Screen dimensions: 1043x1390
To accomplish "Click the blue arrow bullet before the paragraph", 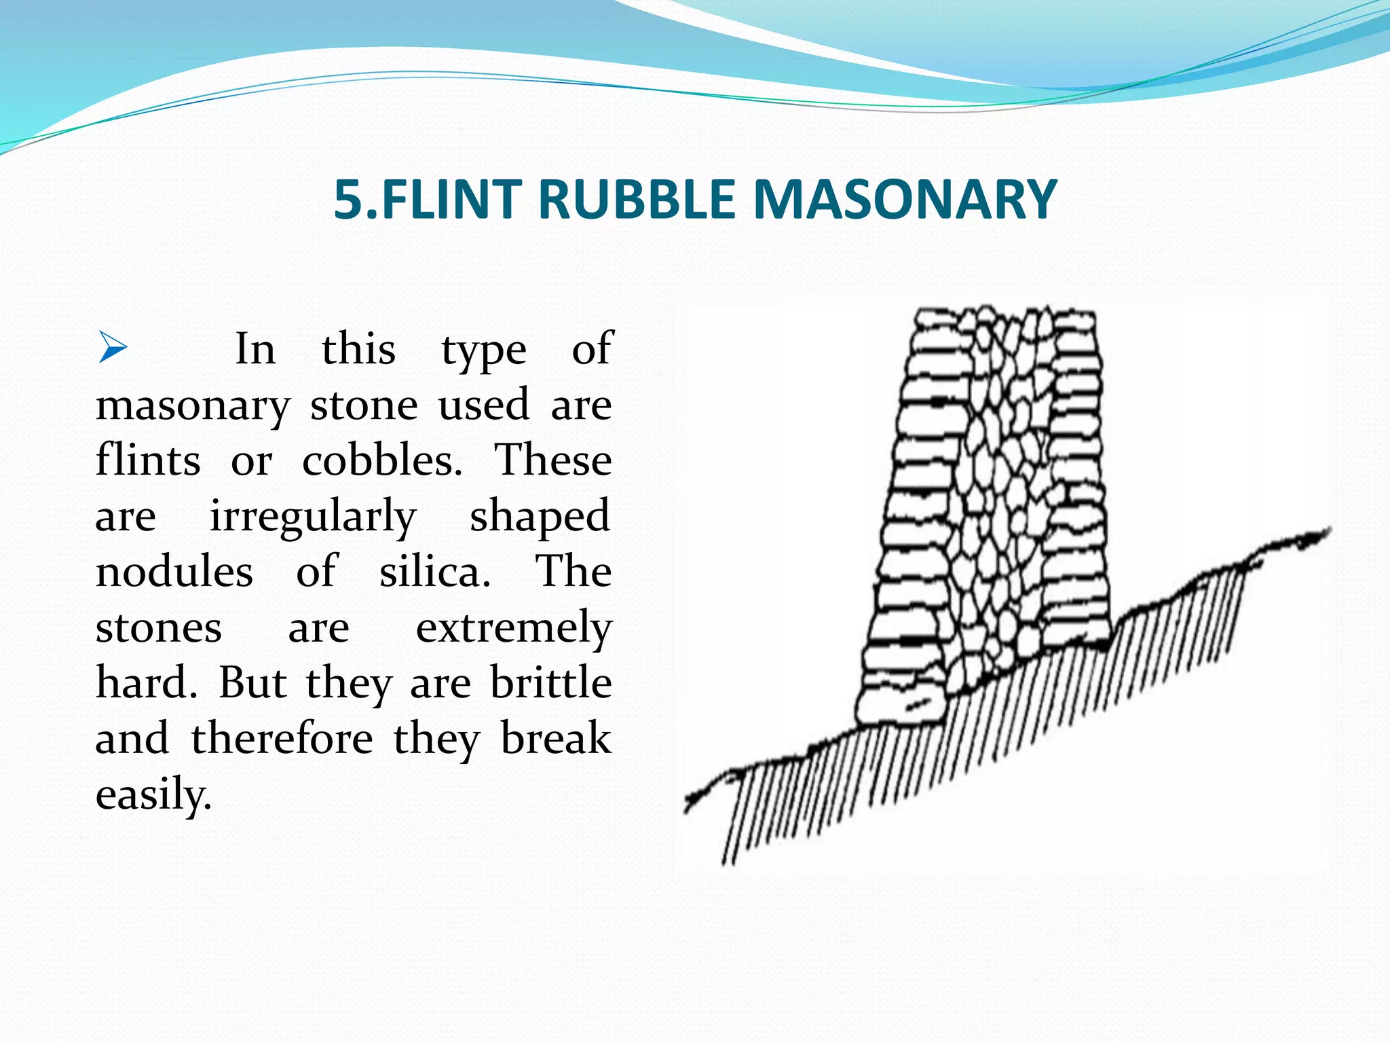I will [112, 347].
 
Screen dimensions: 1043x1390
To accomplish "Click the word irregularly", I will [312, 517].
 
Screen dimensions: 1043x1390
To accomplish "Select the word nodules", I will [174, 572].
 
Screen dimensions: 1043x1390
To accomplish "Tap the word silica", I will [434, 572].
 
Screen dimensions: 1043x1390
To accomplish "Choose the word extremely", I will [514, 629].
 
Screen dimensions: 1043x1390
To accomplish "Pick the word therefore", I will [282, 739].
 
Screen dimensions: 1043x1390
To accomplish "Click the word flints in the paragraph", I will [148, 461].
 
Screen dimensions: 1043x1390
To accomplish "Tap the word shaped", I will [540, 517].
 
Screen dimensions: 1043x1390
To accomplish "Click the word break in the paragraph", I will [556, 739].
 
